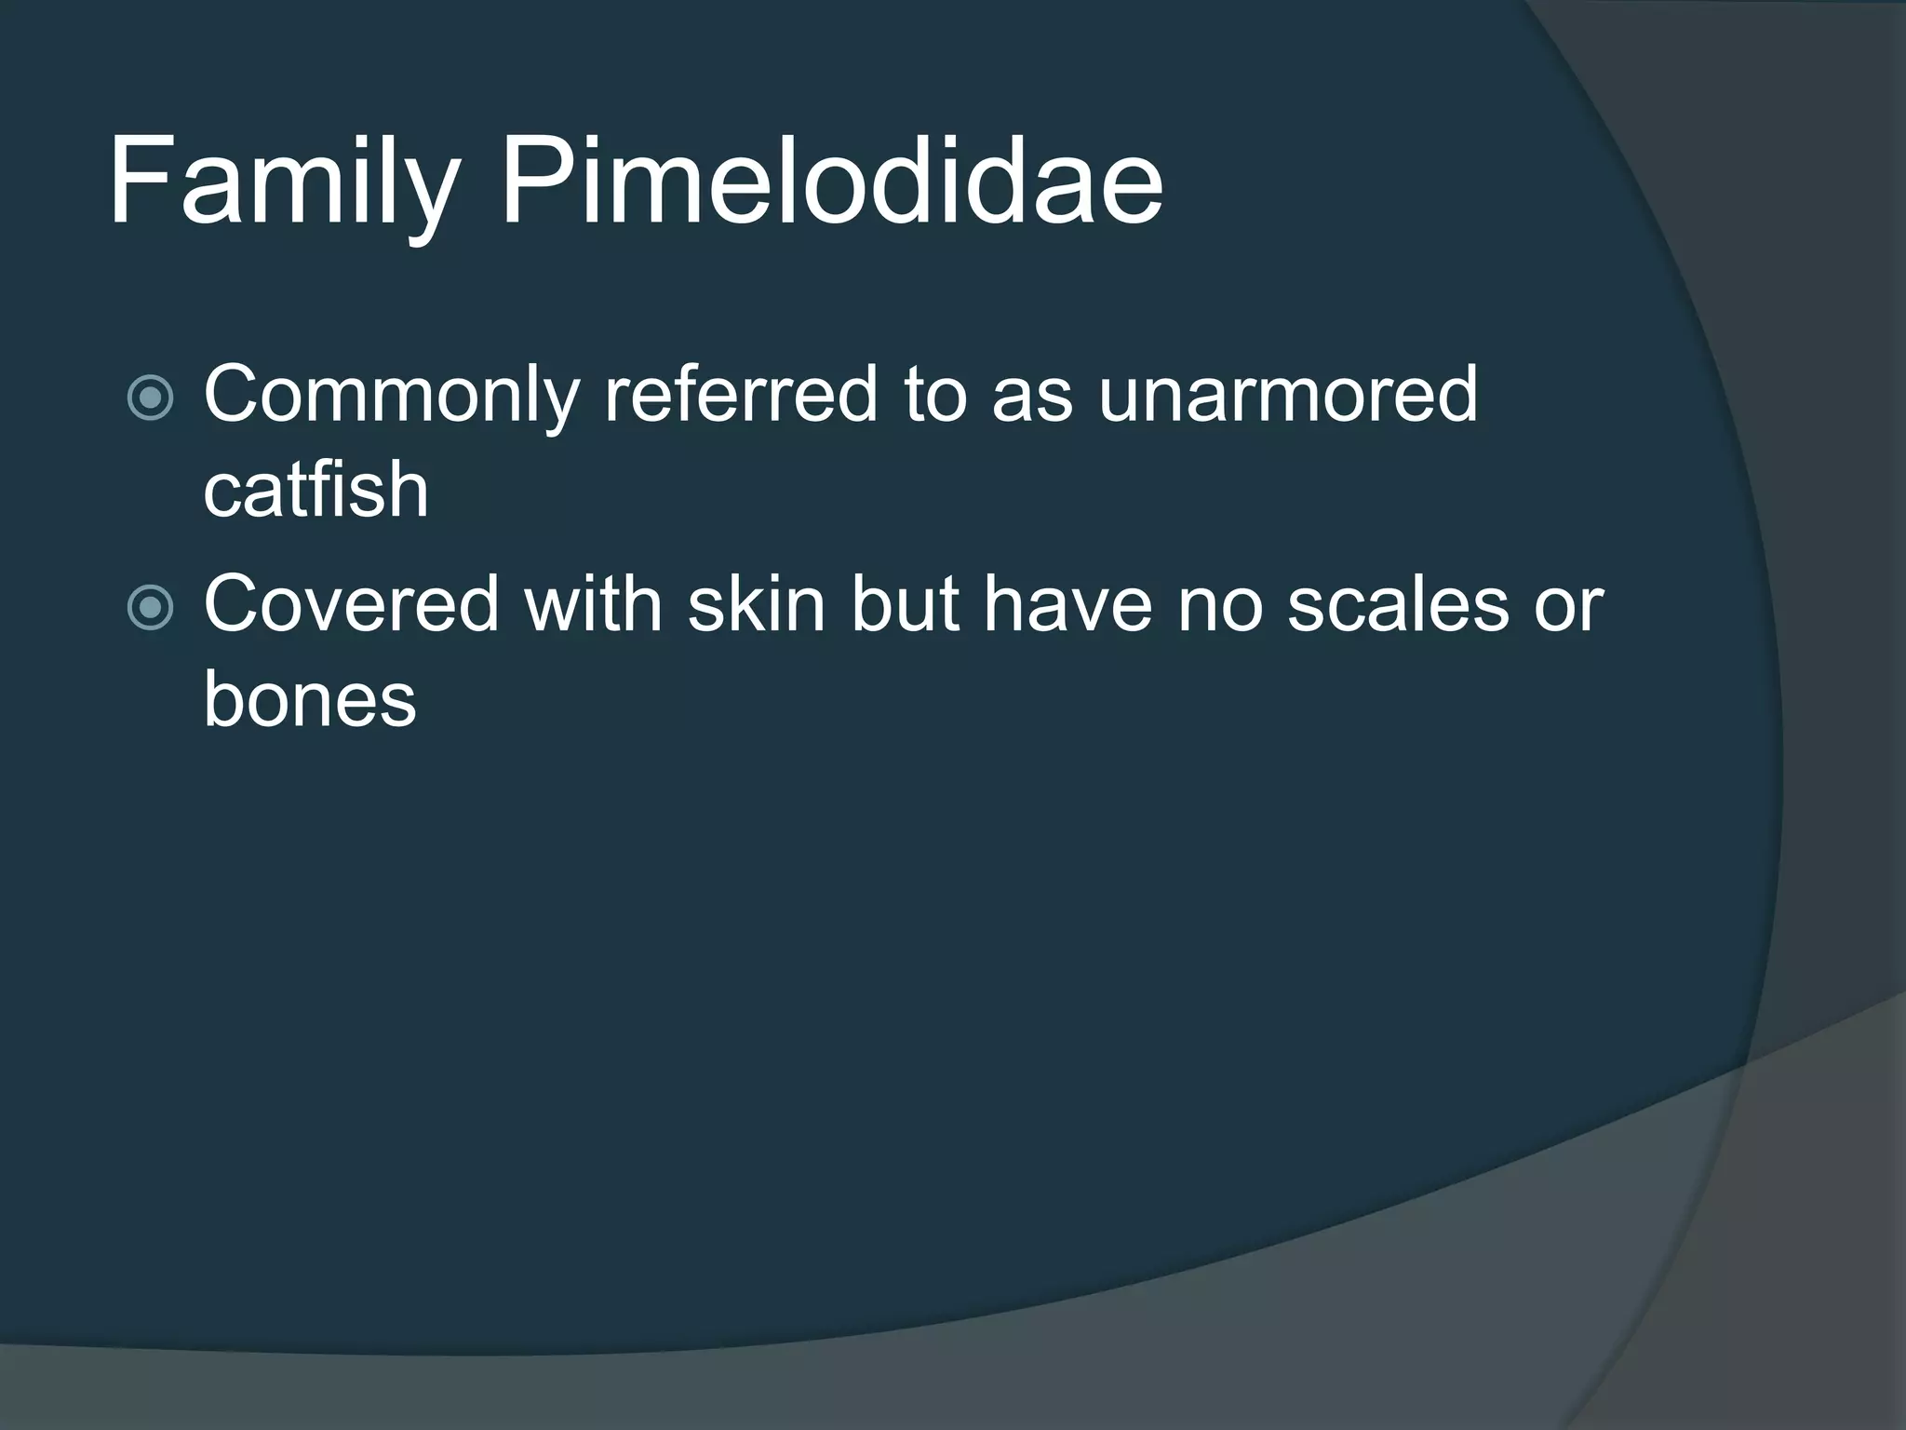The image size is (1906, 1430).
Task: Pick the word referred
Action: pos(741,395)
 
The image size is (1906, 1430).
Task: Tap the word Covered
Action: pos(352,605)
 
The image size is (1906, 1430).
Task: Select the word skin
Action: pos(757,605)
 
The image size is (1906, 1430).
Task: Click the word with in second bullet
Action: pos(593,605)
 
